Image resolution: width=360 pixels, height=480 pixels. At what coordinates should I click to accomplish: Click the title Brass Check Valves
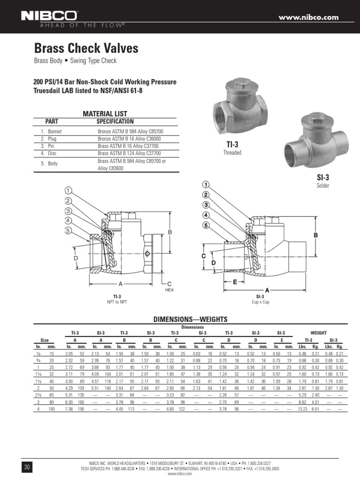coord(86,48)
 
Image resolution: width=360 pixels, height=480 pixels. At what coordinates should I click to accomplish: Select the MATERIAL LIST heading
coord(105,114)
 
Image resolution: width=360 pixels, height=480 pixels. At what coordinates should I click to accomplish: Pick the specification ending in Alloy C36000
coord(129,139)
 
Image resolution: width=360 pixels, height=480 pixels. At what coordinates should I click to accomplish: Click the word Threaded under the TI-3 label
coord(232,153)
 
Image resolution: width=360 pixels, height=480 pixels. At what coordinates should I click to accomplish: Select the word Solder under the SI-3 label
coord(323,186)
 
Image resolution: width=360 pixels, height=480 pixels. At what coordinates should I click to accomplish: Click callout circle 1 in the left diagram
coord(68,191)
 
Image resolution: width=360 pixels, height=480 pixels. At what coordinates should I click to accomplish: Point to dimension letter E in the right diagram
coord(235,282)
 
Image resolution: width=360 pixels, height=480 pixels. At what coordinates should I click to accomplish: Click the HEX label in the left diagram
coord(169,290)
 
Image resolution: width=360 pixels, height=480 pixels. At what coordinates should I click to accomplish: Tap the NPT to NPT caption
coord(117,301)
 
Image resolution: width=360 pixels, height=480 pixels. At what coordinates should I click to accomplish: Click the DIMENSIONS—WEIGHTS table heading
coord(191,319)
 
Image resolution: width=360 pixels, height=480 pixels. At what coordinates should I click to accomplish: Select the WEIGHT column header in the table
coord(319,332)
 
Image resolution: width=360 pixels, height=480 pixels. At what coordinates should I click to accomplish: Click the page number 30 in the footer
coord(26,467)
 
